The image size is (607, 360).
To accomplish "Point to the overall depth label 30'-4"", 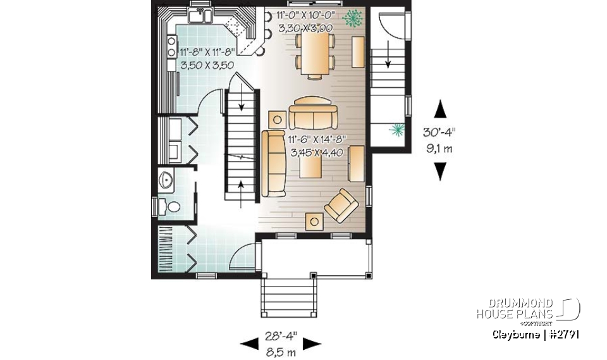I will click(441, 133).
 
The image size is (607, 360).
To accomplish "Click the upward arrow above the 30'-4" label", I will click(441, 109).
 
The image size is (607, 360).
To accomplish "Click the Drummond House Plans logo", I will click(528, 310).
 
